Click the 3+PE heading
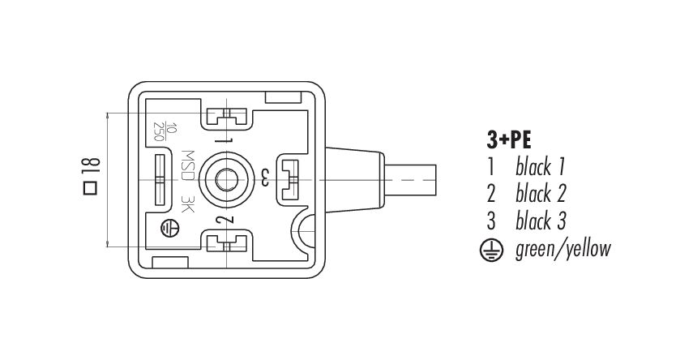point(509,140)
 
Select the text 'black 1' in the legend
point(541,167)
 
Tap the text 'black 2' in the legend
point(541,194)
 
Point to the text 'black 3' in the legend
point(541,221)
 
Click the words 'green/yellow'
point(563,249)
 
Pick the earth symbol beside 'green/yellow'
point(491,250)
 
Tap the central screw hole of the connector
point(227,180)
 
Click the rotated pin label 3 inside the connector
point(264,178)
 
